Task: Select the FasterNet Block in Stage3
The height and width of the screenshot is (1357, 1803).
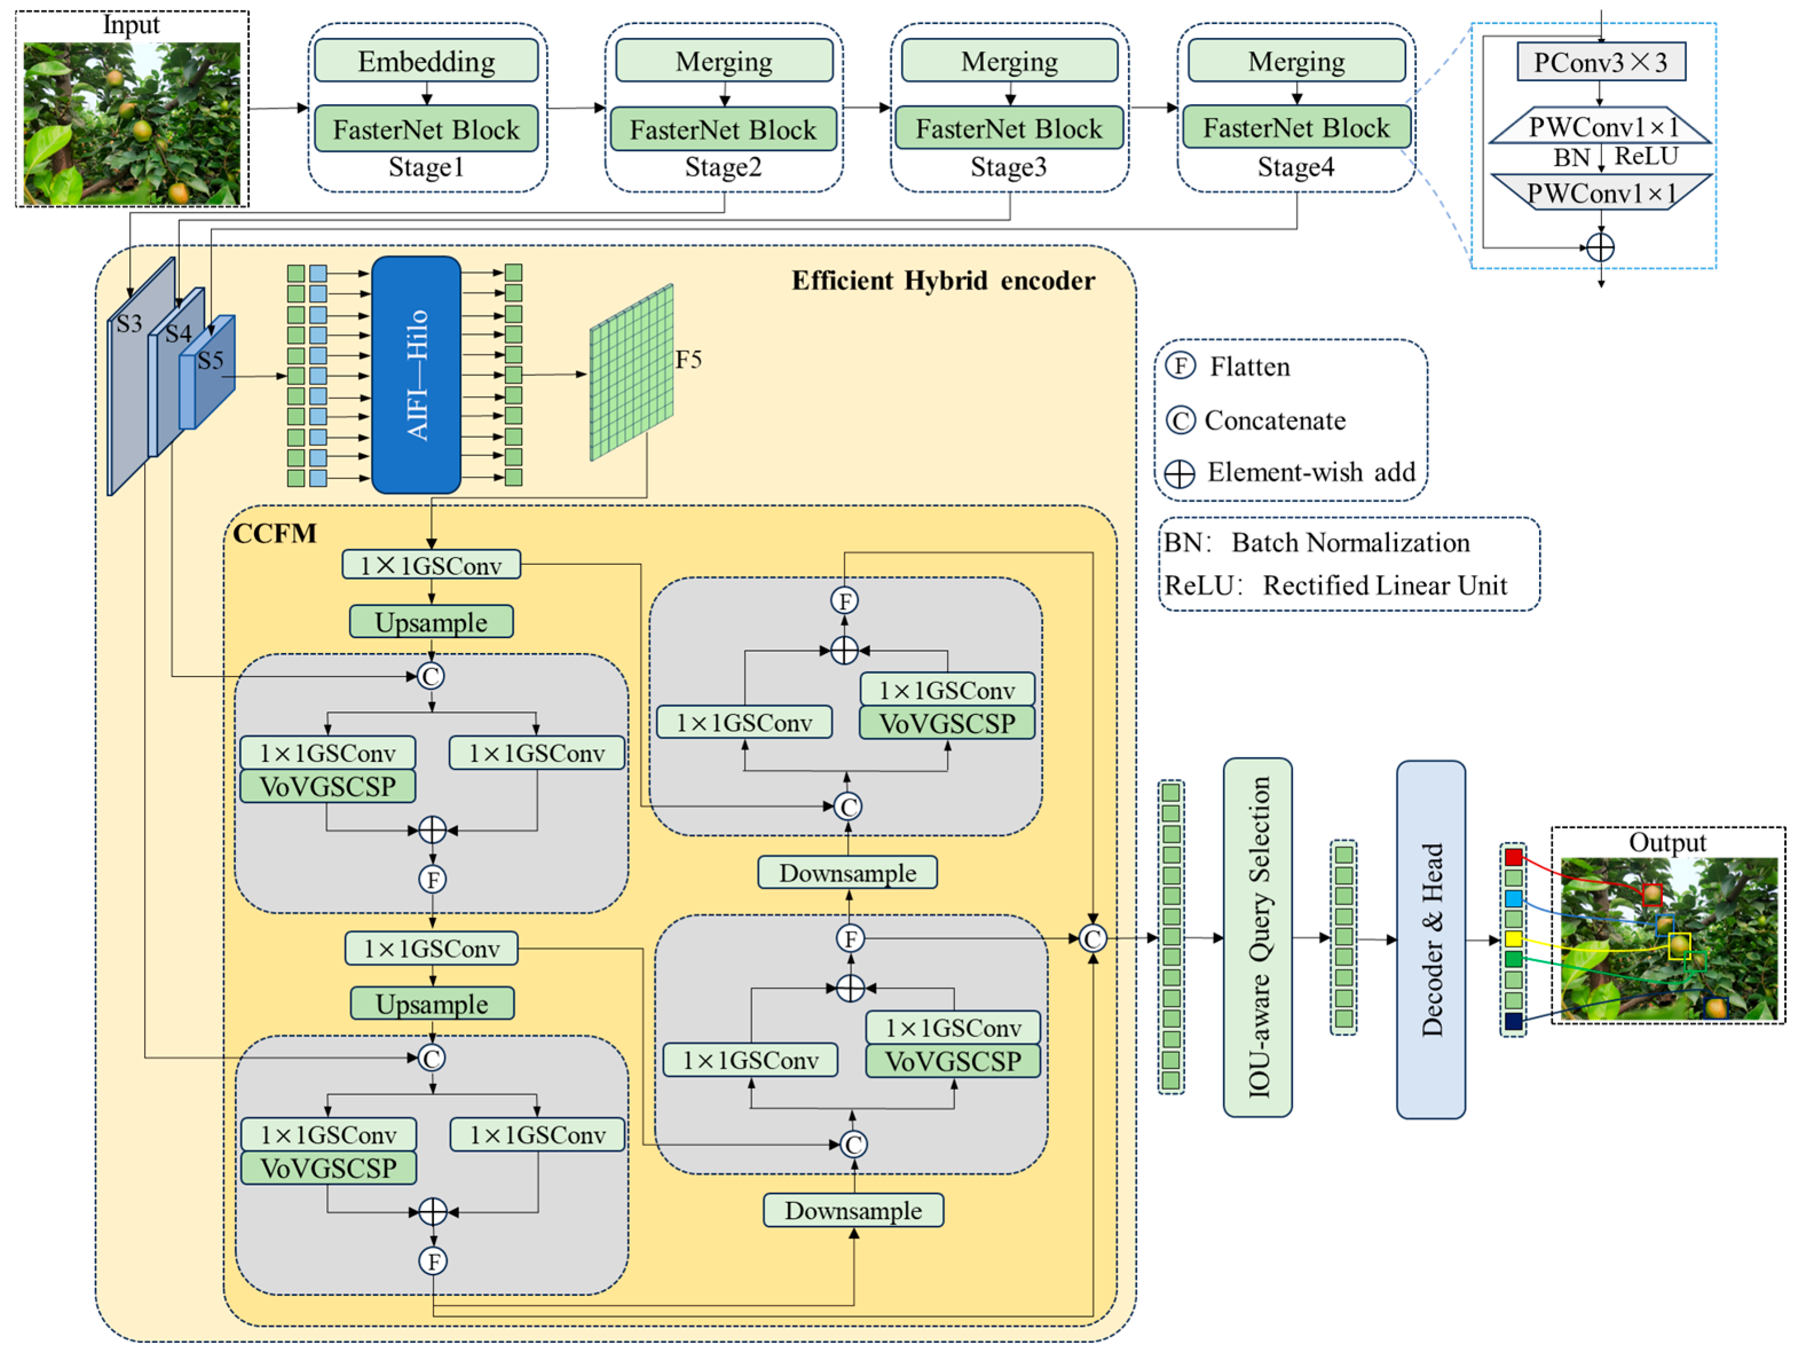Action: (x=1009, y=129)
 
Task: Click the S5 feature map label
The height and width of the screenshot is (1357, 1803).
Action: (x=210, y=360)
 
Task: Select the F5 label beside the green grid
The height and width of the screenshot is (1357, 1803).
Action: (x=688, y=359)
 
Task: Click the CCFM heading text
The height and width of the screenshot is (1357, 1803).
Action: (x=275, y=533)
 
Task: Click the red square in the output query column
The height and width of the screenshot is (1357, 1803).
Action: (x=1513, y=857)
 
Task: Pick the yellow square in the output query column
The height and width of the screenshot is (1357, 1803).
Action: (x=1513, y=939)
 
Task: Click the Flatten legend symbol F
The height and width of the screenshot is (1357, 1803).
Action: (x=1180, y=366)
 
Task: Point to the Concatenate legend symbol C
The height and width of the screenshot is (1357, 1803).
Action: (x=1180, y=421)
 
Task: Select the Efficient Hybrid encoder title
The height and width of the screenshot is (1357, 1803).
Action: (x=943, y=280)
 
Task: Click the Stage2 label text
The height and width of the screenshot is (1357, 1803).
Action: (x=723, y=167)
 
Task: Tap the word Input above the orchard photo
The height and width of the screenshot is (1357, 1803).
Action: (x=131, y=25)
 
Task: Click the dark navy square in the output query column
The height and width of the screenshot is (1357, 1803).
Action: (x=1513, y=1021)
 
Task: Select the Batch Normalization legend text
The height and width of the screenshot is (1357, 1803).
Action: (x=1350, y=543)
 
